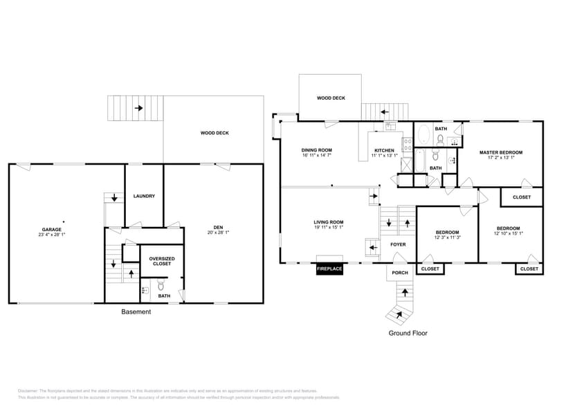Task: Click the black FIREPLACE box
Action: click(329, 269)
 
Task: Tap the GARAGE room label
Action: click(52, 229)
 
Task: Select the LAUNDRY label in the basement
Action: click(144, 196)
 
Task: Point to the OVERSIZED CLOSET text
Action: click(161, 261)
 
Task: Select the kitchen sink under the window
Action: click(390, 126)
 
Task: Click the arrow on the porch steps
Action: click(401, 314)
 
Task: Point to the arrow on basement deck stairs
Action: click(139, 108)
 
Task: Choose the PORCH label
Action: click(400, 273)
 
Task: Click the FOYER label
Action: click(398, 244)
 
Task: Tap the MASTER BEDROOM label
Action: click(501, 152)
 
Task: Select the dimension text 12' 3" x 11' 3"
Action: click(447, 237)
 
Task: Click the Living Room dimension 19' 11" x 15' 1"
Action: click(329, 227)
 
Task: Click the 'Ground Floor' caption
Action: click(408, 333)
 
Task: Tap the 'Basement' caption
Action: click(136, 312)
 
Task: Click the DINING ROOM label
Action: click(316, 150)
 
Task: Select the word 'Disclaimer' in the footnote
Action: click(28, 391)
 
